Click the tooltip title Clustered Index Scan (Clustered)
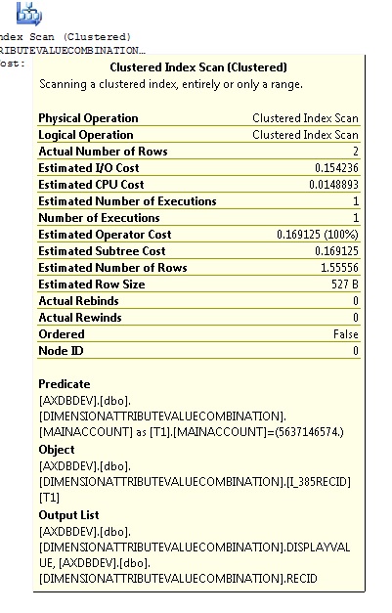pos(198,67)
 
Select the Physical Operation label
pos(88,118)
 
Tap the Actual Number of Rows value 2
pos(355,152)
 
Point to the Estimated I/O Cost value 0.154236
pos(329,168)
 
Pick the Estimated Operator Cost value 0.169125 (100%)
pos(318,235)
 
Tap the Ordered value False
pos(346,334)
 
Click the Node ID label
pos(59,351)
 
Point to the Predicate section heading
pos(64,384)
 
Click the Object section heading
pos(56,450)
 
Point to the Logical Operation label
pos(85,135)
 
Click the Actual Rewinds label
pos(80,318)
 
